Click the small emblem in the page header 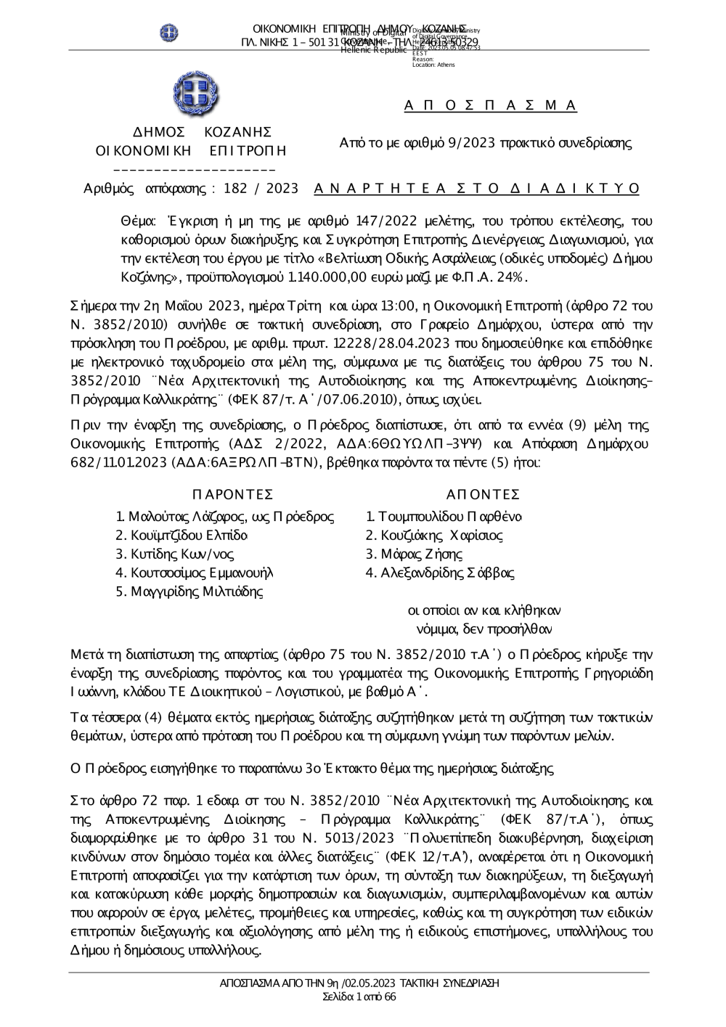(168, 33)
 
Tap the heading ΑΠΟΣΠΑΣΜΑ (490, 106)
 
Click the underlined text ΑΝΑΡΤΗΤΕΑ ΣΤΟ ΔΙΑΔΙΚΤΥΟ (477, 189)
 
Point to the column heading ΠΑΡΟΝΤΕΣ (233, 495)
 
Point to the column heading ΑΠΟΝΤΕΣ (483, 495)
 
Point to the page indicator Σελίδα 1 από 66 (359, 997)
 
